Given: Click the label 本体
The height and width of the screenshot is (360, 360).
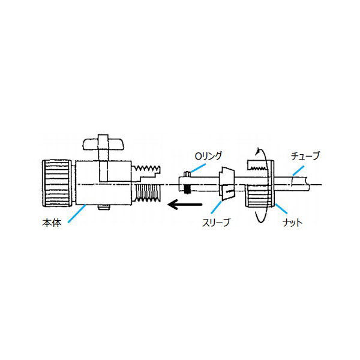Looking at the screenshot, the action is (52, 223).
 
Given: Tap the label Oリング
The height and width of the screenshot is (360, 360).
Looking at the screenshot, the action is (208, 156).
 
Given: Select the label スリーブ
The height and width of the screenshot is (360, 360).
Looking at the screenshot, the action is (216, 222).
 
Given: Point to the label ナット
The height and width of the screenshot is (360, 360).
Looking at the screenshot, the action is (292, 223).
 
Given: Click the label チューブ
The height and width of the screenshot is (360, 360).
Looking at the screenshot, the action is (305, 156).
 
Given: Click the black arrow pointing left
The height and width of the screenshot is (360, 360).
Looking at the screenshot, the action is (185, 204).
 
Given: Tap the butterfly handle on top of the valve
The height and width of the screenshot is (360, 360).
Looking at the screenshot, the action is (103, 143).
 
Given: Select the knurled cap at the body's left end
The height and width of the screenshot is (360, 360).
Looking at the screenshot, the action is (56, 184).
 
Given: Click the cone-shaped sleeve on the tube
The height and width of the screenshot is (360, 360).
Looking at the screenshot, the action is (227, 183).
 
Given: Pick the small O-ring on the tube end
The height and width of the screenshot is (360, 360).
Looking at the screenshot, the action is (188, 174).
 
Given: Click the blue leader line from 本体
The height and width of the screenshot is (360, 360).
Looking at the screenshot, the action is (77, 213).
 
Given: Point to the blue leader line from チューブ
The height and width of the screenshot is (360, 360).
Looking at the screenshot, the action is (298, 170).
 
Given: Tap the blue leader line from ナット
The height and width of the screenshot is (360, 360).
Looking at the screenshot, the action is (281, 209).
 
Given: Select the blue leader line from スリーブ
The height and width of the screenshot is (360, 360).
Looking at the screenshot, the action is (216, 208).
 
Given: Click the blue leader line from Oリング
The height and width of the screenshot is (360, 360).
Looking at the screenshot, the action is (197, 167).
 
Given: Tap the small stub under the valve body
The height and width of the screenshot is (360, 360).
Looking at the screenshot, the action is (104, 208).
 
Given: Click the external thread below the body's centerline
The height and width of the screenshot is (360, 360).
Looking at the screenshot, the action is (148, 193).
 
